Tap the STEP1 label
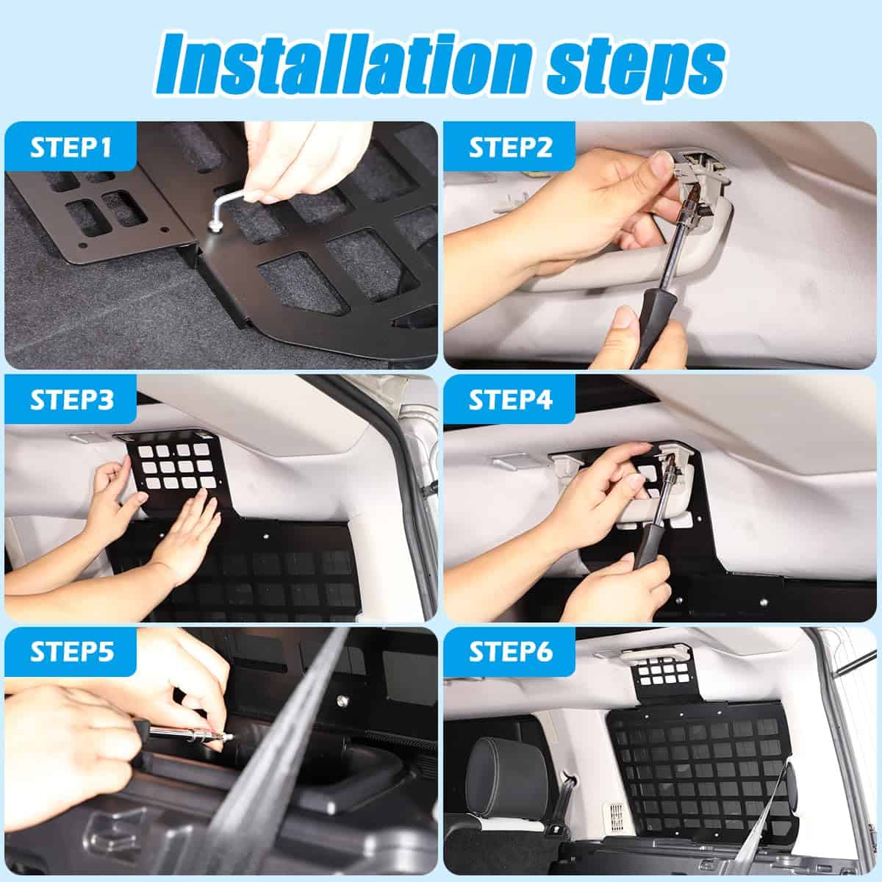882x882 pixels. pos(71,148)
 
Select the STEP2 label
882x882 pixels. pos(510,148)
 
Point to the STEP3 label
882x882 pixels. pos(71,400)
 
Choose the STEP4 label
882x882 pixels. pos(510,400)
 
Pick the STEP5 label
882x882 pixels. pos(71,652)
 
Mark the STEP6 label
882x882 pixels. pos(510,652)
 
